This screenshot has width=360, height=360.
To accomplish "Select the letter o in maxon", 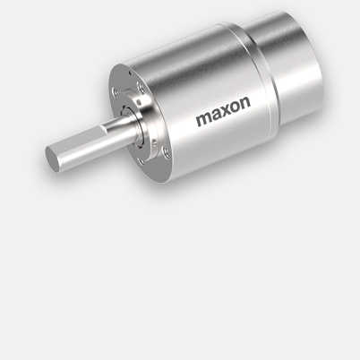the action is click(x=235, y=108).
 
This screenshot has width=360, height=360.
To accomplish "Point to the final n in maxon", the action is click(x=244, y=103).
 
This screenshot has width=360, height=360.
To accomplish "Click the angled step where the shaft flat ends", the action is click(x=104, y=129).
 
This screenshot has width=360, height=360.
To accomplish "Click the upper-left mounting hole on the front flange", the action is click(x=115, y=91).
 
